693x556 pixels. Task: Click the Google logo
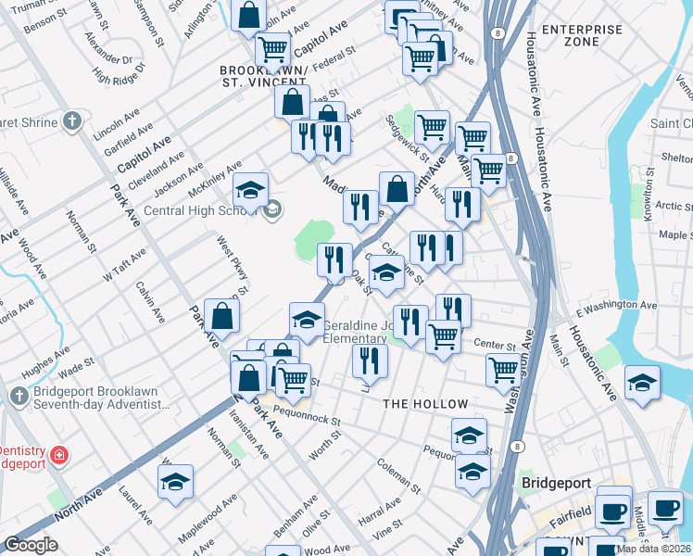click(x=31, y=545)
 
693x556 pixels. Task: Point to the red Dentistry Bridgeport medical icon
click(x=58, y=455)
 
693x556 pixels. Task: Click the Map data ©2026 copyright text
click(x=652, y=549)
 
